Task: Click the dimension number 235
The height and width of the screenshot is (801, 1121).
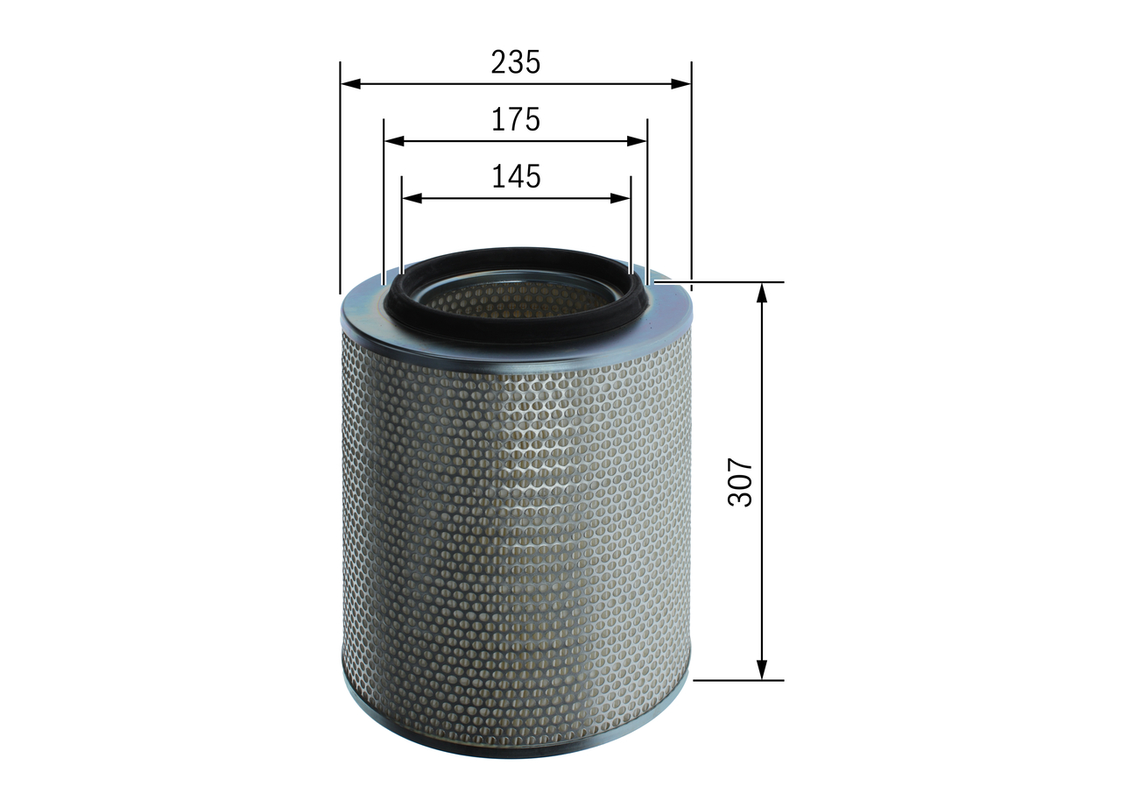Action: tap(515, 62)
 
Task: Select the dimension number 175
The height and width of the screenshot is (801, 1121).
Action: tap(515, 119)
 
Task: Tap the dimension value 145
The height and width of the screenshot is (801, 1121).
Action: tap(515, 176)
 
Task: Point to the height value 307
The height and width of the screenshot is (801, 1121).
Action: tap(741, 481)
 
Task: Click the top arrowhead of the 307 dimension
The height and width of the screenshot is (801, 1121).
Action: tap(762, 294)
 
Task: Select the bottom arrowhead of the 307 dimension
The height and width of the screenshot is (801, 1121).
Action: tap(762, 669)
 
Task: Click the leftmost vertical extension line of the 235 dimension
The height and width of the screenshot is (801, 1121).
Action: tap(340, 175)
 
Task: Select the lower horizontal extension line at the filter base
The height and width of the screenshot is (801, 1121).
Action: tap(737, 679)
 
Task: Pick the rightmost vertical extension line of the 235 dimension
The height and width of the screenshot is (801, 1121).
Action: tap(691, 175)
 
